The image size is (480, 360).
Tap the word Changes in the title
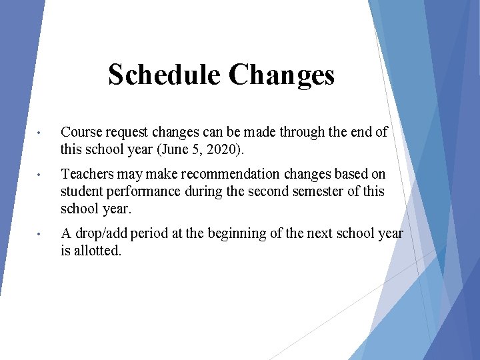pyautogui.click(x=281, y=75)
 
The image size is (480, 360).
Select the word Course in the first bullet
pyautogui.click(x=81, y=132)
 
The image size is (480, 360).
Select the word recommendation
pyautogui.click(x=226, y=175)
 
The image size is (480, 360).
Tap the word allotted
pyautogui.click(x=98, y=251)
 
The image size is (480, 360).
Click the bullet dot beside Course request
pyautogui.click(x=41, y=133)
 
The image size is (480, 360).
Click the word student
pyautogui.click(x=81, y=191)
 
